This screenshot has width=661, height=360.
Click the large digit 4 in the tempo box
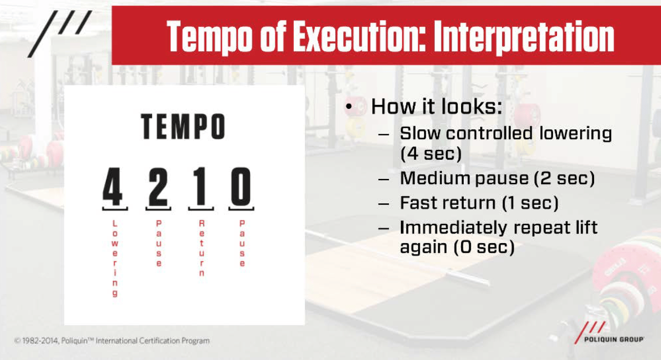tap(113, 186)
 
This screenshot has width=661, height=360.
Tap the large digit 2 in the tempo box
tap(158, 186)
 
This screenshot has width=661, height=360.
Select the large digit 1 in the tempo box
tap(201, 186)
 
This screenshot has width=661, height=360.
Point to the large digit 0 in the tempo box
tap(241, 186)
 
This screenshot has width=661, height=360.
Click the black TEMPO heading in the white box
tap(183, 127)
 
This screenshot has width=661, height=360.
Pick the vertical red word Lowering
tap(115, 258)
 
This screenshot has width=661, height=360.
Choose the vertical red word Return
tap(202, 248)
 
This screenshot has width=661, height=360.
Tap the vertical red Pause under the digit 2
tap(159, 243)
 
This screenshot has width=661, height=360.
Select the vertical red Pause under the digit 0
tap(242, 243)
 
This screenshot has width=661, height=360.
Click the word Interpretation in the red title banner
tap(524, 38)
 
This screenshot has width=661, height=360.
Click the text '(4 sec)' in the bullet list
tap(431, 153)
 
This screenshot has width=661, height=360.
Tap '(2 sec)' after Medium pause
tap(564, 178)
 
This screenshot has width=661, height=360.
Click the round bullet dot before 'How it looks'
tap(349, 106)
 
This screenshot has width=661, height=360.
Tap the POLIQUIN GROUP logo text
tap(614, 339)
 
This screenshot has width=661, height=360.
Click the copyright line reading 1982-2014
tap(112, 341)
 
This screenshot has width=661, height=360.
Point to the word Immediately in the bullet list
tap(453, 228)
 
